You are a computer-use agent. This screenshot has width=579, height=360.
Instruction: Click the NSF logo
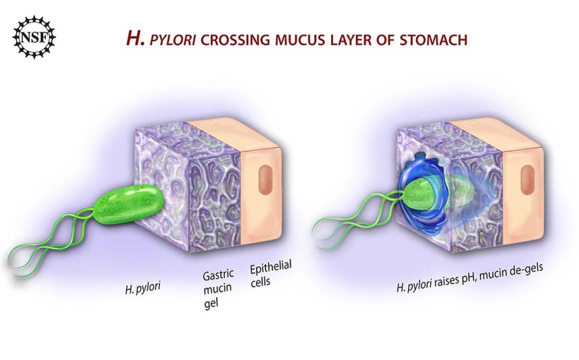tap(34, 37)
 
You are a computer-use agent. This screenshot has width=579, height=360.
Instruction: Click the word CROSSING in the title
tap(235, 40)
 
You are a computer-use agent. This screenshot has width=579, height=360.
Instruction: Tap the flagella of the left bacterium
tap(52, 240)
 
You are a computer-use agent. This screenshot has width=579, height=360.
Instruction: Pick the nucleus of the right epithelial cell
tap(527, 180)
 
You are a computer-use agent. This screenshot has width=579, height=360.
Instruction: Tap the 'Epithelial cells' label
tap(271, 274)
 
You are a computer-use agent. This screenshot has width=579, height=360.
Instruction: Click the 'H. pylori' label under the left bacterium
tap(143, 288)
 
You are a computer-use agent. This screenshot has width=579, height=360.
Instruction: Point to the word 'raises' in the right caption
tap(447, 282)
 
